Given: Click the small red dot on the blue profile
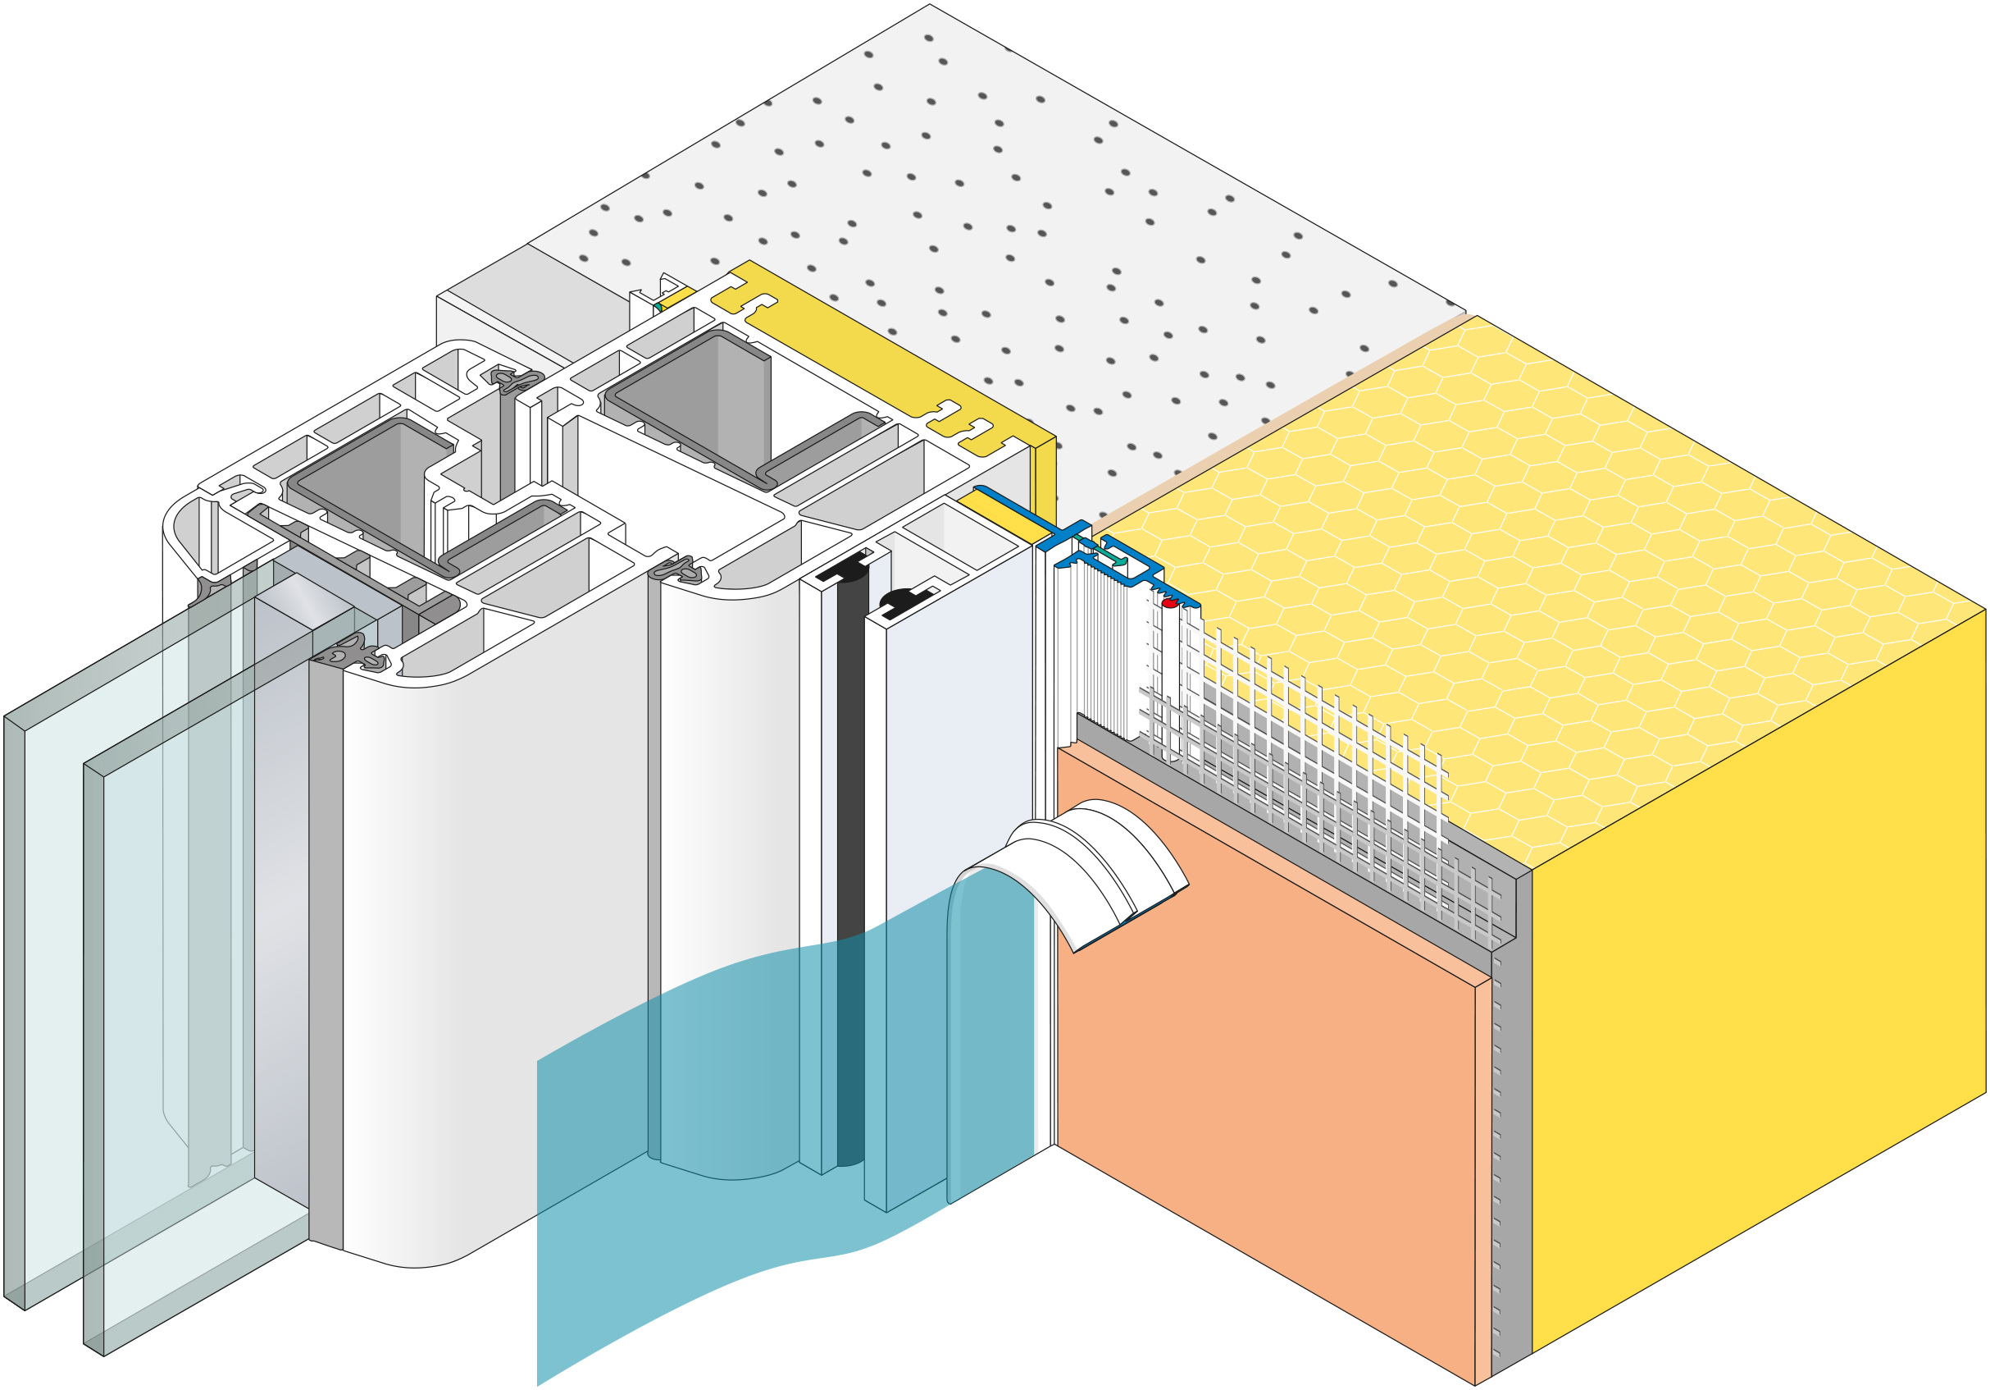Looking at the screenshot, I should [x=1168, y=602].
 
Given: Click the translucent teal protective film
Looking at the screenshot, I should [x=694, y=1127].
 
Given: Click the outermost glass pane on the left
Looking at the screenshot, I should [x=14, y=997].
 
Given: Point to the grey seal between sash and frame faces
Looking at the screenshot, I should [x=653, y=867].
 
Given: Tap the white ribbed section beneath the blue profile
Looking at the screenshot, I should [x=1100, y=651].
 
